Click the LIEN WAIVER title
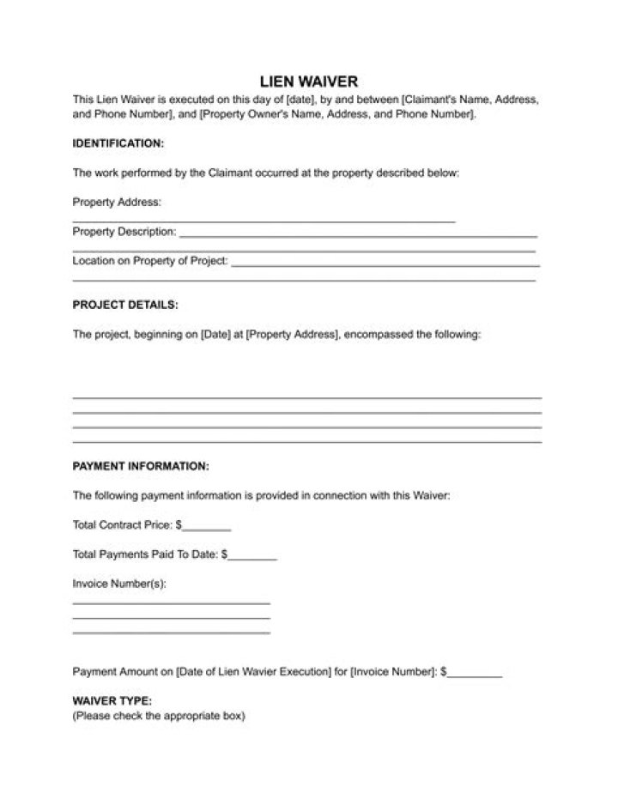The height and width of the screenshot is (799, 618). click(309, 82)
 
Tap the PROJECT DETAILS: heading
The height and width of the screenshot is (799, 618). click(125, 305)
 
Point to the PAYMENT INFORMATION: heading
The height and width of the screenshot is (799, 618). click(141, 466)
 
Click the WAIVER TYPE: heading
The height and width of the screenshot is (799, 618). click(112, 700)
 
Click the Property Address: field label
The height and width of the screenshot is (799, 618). click(117, 203)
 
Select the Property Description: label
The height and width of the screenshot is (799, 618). click(124, 232)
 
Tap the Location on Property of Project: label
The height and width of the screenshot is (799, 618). click(150, 261)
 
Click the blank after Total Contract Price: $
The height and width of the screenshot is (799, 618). click(207, 524)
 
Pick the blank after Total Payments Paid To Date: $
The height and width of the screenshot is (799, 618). click(253, 554)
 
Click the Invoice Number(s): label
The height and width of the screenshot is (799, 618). click(119, 584)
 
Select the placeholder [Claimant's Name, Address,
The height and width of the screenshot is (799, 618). click(470, 100)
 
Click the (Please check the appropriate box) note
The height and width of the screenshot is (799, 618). click(159, 716)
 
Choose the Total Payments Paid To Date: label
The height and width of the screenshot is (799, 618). click(145, 554)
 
